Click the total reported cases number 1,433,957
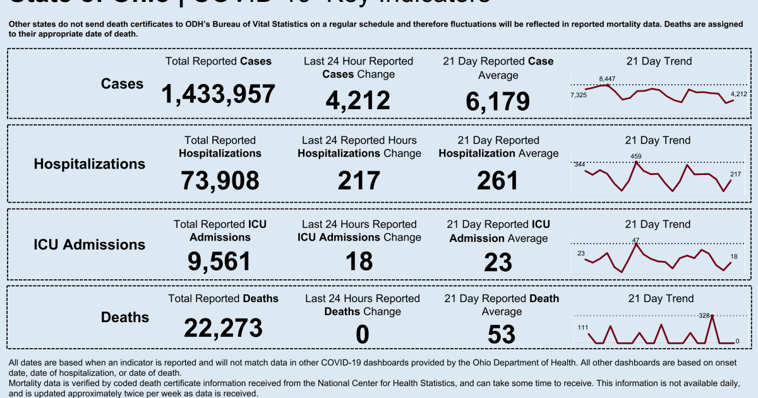(219, 95)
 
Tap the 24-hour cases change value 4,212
(358, 100)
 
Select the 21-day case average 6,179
(498, 101)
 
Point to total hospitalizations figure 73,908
(220, 180)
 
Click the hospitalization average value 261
(498, 180)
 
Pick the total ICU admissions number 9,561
(219, 261)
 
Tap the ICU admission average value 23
(498, 262)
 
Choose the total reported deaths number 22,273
(223, 328)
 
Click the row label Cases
(123, 84)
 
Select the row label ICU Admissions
(89, 244)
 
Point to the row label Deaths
(125, 317)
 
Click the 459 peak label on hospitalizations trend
(636, 156)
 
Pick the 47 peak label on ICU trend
(636, 239)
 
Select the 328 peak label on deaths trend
(705, 315)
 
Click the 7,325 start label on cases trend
(579, 95)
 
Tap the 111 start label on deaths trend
(583, 327)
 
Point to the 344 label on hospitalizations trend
(579, 165)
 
